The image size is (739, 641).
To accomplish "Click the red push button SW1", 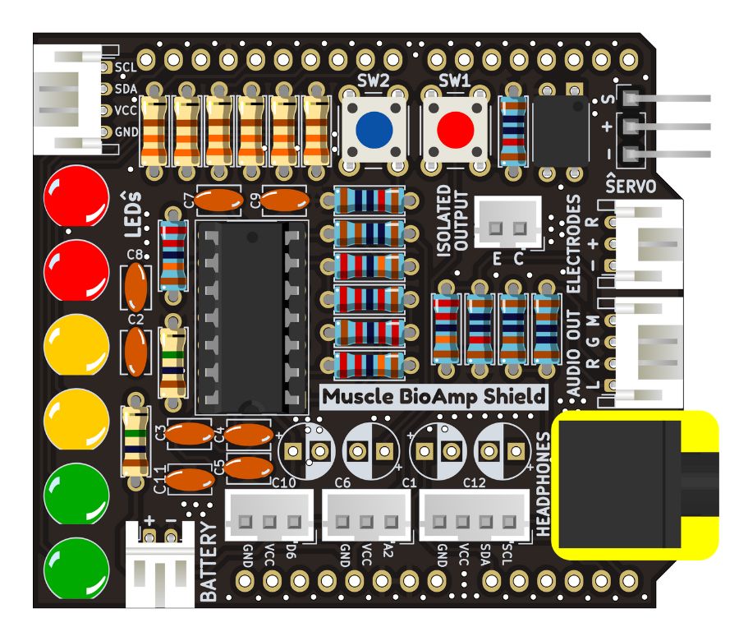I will (454, 128).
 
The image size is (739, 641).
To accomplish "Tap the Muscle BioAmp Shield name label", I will (433, 397).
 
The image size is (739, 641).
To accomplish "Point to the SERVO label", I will (631, 186).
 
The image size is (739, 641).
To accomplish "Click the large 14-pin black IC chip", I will (250, 316).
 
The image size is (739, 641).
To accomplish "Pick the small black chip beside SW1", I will (561, 127).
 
